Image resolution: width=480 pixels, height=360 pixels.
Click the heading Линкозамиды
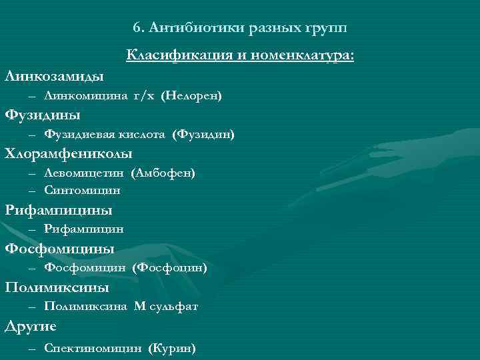pyautogui.click(x=54, y=75)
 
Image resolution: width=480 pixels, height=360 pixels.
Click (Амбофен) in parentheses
pyautogui.click(x=164, y=173)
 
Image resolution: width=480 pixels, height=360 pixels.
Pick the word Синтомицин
pyautogui.click(x=82, y=190)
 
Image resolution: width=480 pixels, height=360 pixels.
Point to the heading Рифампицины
pyautogui.click(x=59, y=211)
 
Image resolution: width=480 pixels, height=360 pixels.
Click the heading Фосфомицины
pyautogui.click(x=60, y=249)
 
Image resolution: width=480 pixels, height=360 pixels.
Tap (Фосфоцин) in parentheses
pyautogui.click(x=170, y=268)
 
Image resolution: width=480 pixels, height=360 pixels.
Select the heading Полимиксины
pyautogui.click(x=57, y=287)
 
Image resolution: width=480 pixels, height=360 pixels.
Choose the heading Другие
pyautogui.click(x=31, y=326)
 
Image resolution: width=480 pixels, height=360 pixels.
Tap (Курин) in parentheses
pyautogui.click(x=173, y=347)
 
